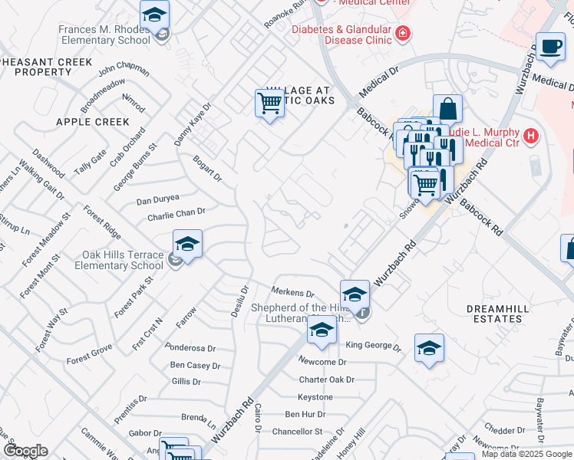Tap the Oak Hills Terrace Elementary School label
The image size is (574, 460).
[123, 261]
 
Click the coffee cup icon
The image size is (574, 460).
[550, 47]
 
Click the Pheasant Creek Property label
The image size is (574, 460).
[36, 66]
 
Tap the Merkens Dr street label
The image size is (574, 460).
[294, 292]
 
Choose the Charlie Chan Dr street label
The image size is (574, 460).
[176, 214]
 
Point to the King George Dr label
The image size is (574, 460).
[373, 346]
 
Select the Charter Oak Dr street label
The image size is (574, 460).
[326, 379]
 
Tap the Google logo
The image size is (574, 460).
[25, 451]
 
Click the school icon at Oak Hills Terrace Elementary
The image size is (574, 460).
[187, 245]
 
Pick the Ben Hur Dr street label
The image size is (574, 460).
[306, 414]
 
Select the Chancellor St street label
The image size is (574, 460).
[297, 432]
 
